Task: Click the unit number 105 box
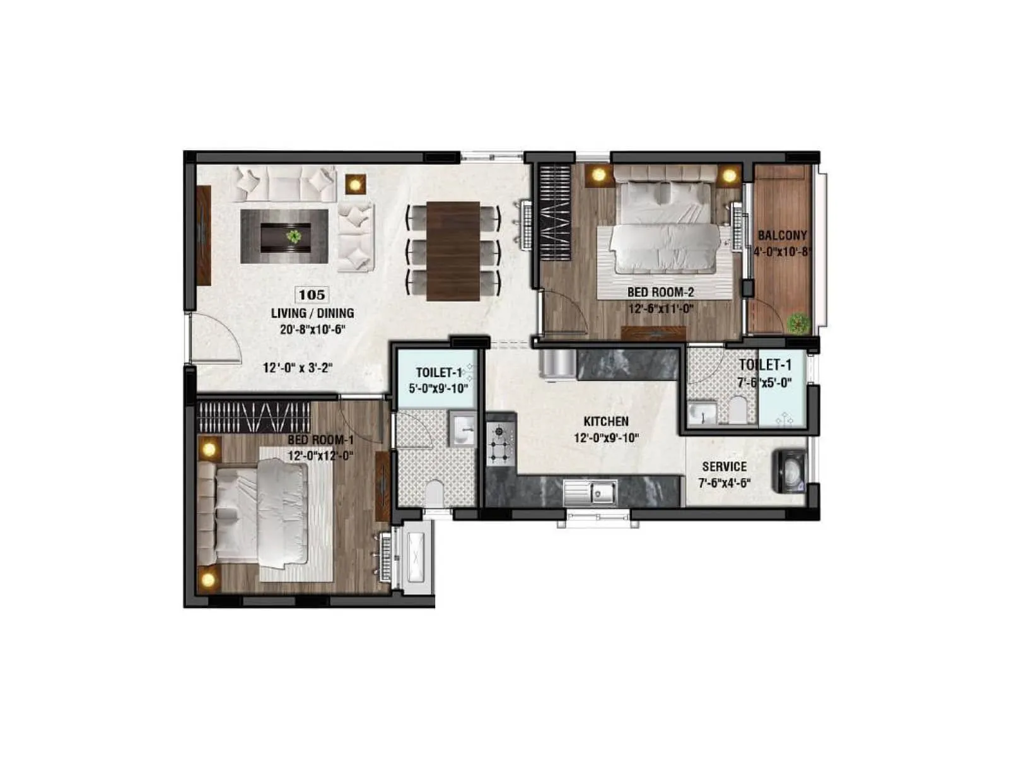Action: coord(312,295)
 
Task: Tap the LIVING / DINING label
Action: coord(312,313)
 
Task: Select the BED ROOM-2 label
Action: coord(660,293)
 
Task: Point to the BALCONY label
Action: coord(782,236)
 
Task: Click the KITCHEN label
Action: coord(605,421)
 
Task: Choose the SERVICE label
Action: coord(725,467)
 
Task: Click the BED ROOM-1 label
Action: coord(320,440)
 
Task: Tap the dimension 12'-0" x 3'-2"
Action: coord(298,368)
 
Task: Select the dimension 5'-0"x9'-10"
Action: coord(438,389)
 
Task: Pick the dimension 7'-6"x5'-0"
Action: coord(765,382)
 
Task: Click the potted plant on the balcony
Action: coord(799,323)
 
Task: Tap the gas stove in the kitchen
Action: coord(501,444)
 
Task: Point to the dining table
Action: coord(453,250)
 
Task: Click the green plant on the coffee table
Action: coord(293,237)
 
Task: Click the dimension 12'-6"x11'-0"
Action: coord(660,309)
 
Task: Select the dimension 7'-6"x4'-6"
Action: coord(725,483)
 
